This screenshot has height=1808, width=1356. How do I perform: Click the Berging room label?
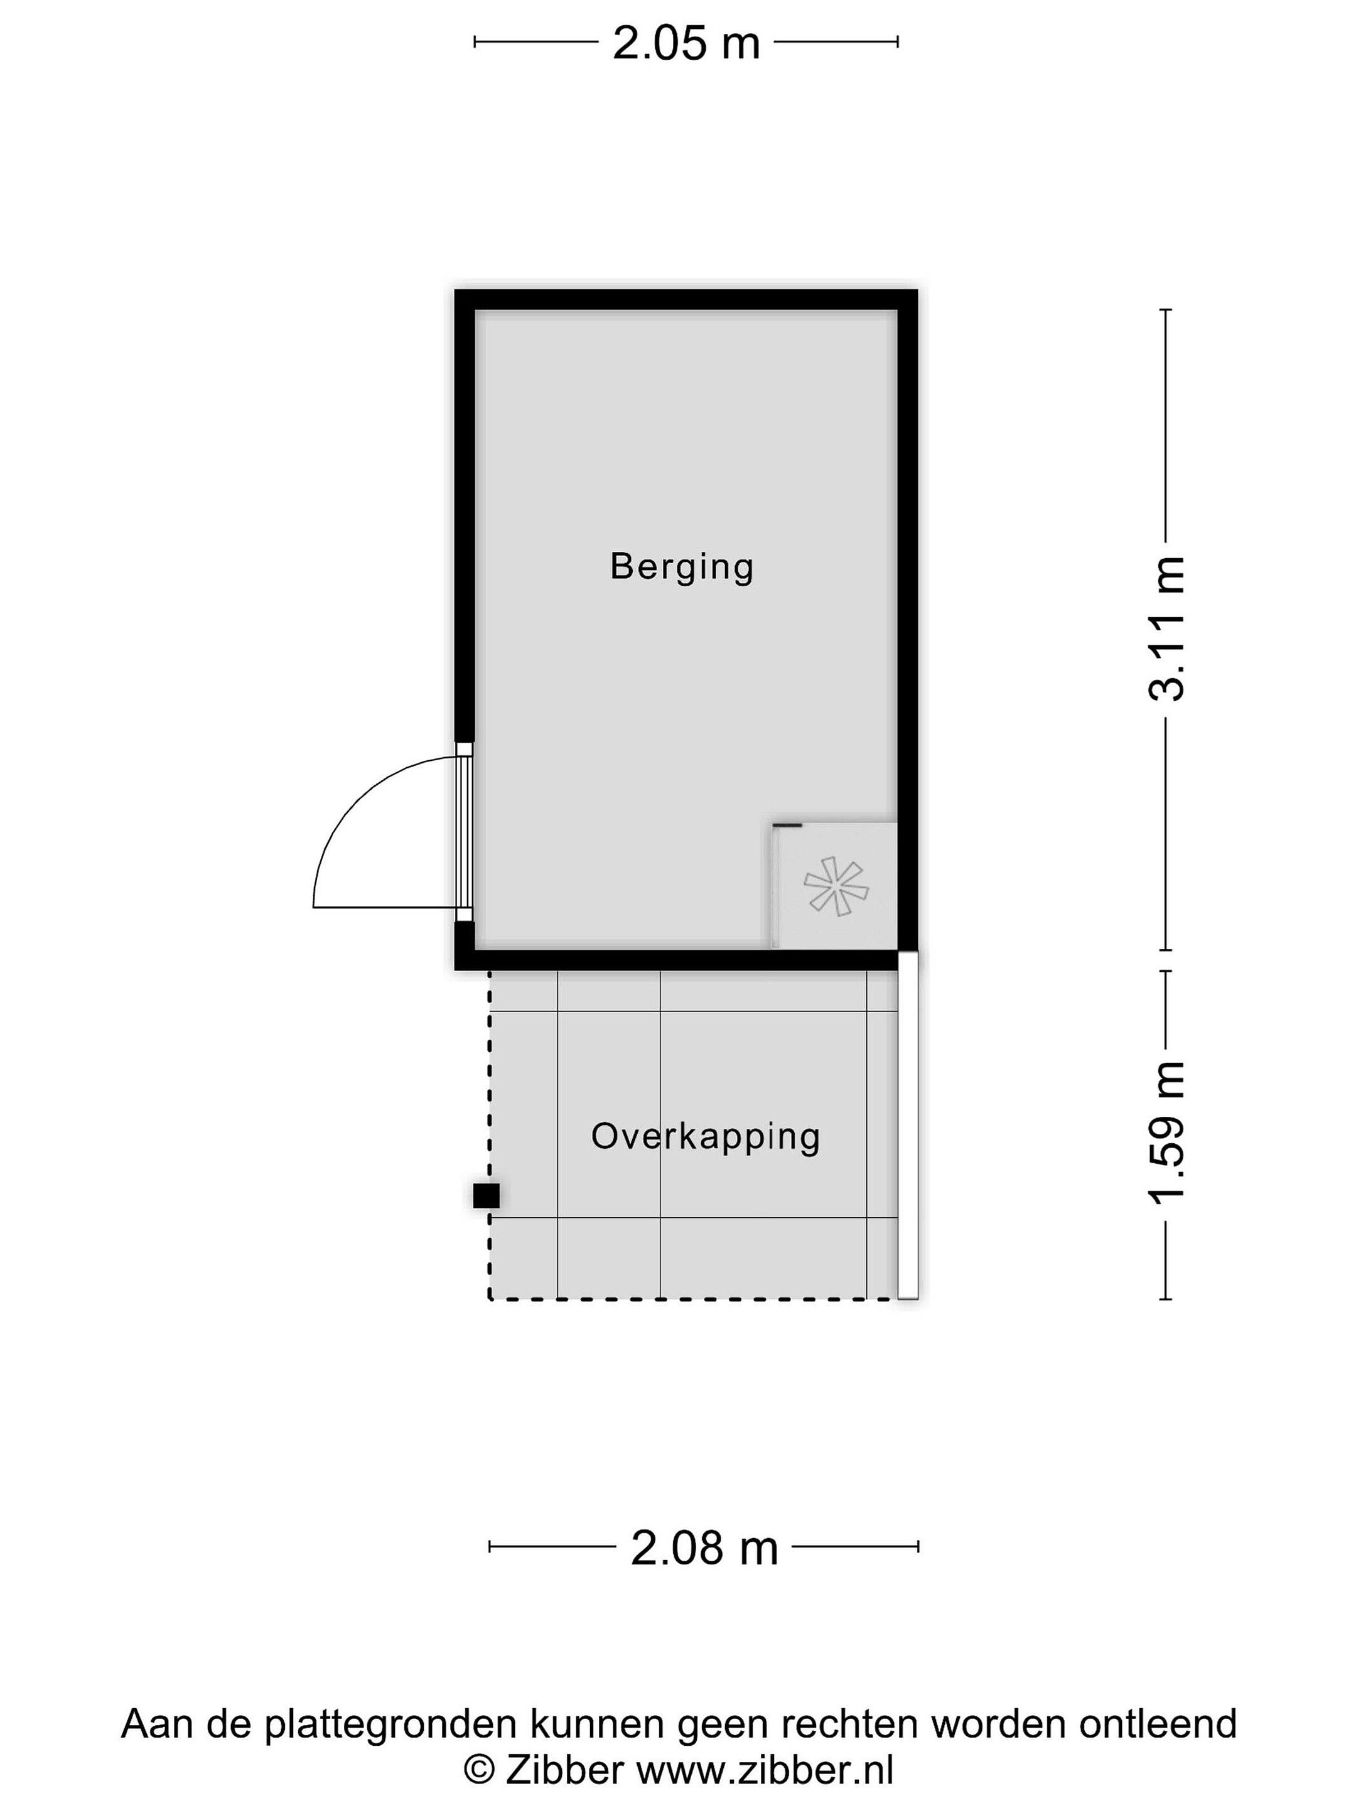click(682, 568)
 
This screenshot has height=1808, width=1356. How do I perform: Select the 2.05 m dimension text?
click(686, 43)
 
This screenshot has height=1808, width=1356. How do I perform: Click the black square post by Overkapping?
click(487, 1196)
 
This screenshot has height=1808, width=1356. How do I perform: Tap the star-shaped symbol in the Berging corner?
click(836, 886)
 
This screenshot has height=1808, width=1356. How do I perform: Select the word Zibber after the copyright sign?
click(565, 1770)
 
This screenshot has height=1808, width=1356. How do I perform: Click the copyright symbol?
click(480, 1770)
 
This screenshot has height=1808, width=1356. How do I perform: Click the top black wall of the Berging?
click(686, 299)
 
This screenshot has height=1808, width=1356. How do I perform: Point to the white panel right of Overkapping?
click(908, 1125)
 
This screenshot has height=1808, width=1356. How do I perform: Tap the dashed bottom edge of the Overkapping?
click(693, 1299)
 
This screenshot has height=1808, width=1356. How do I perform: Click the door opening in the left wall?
click(465, 832)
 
